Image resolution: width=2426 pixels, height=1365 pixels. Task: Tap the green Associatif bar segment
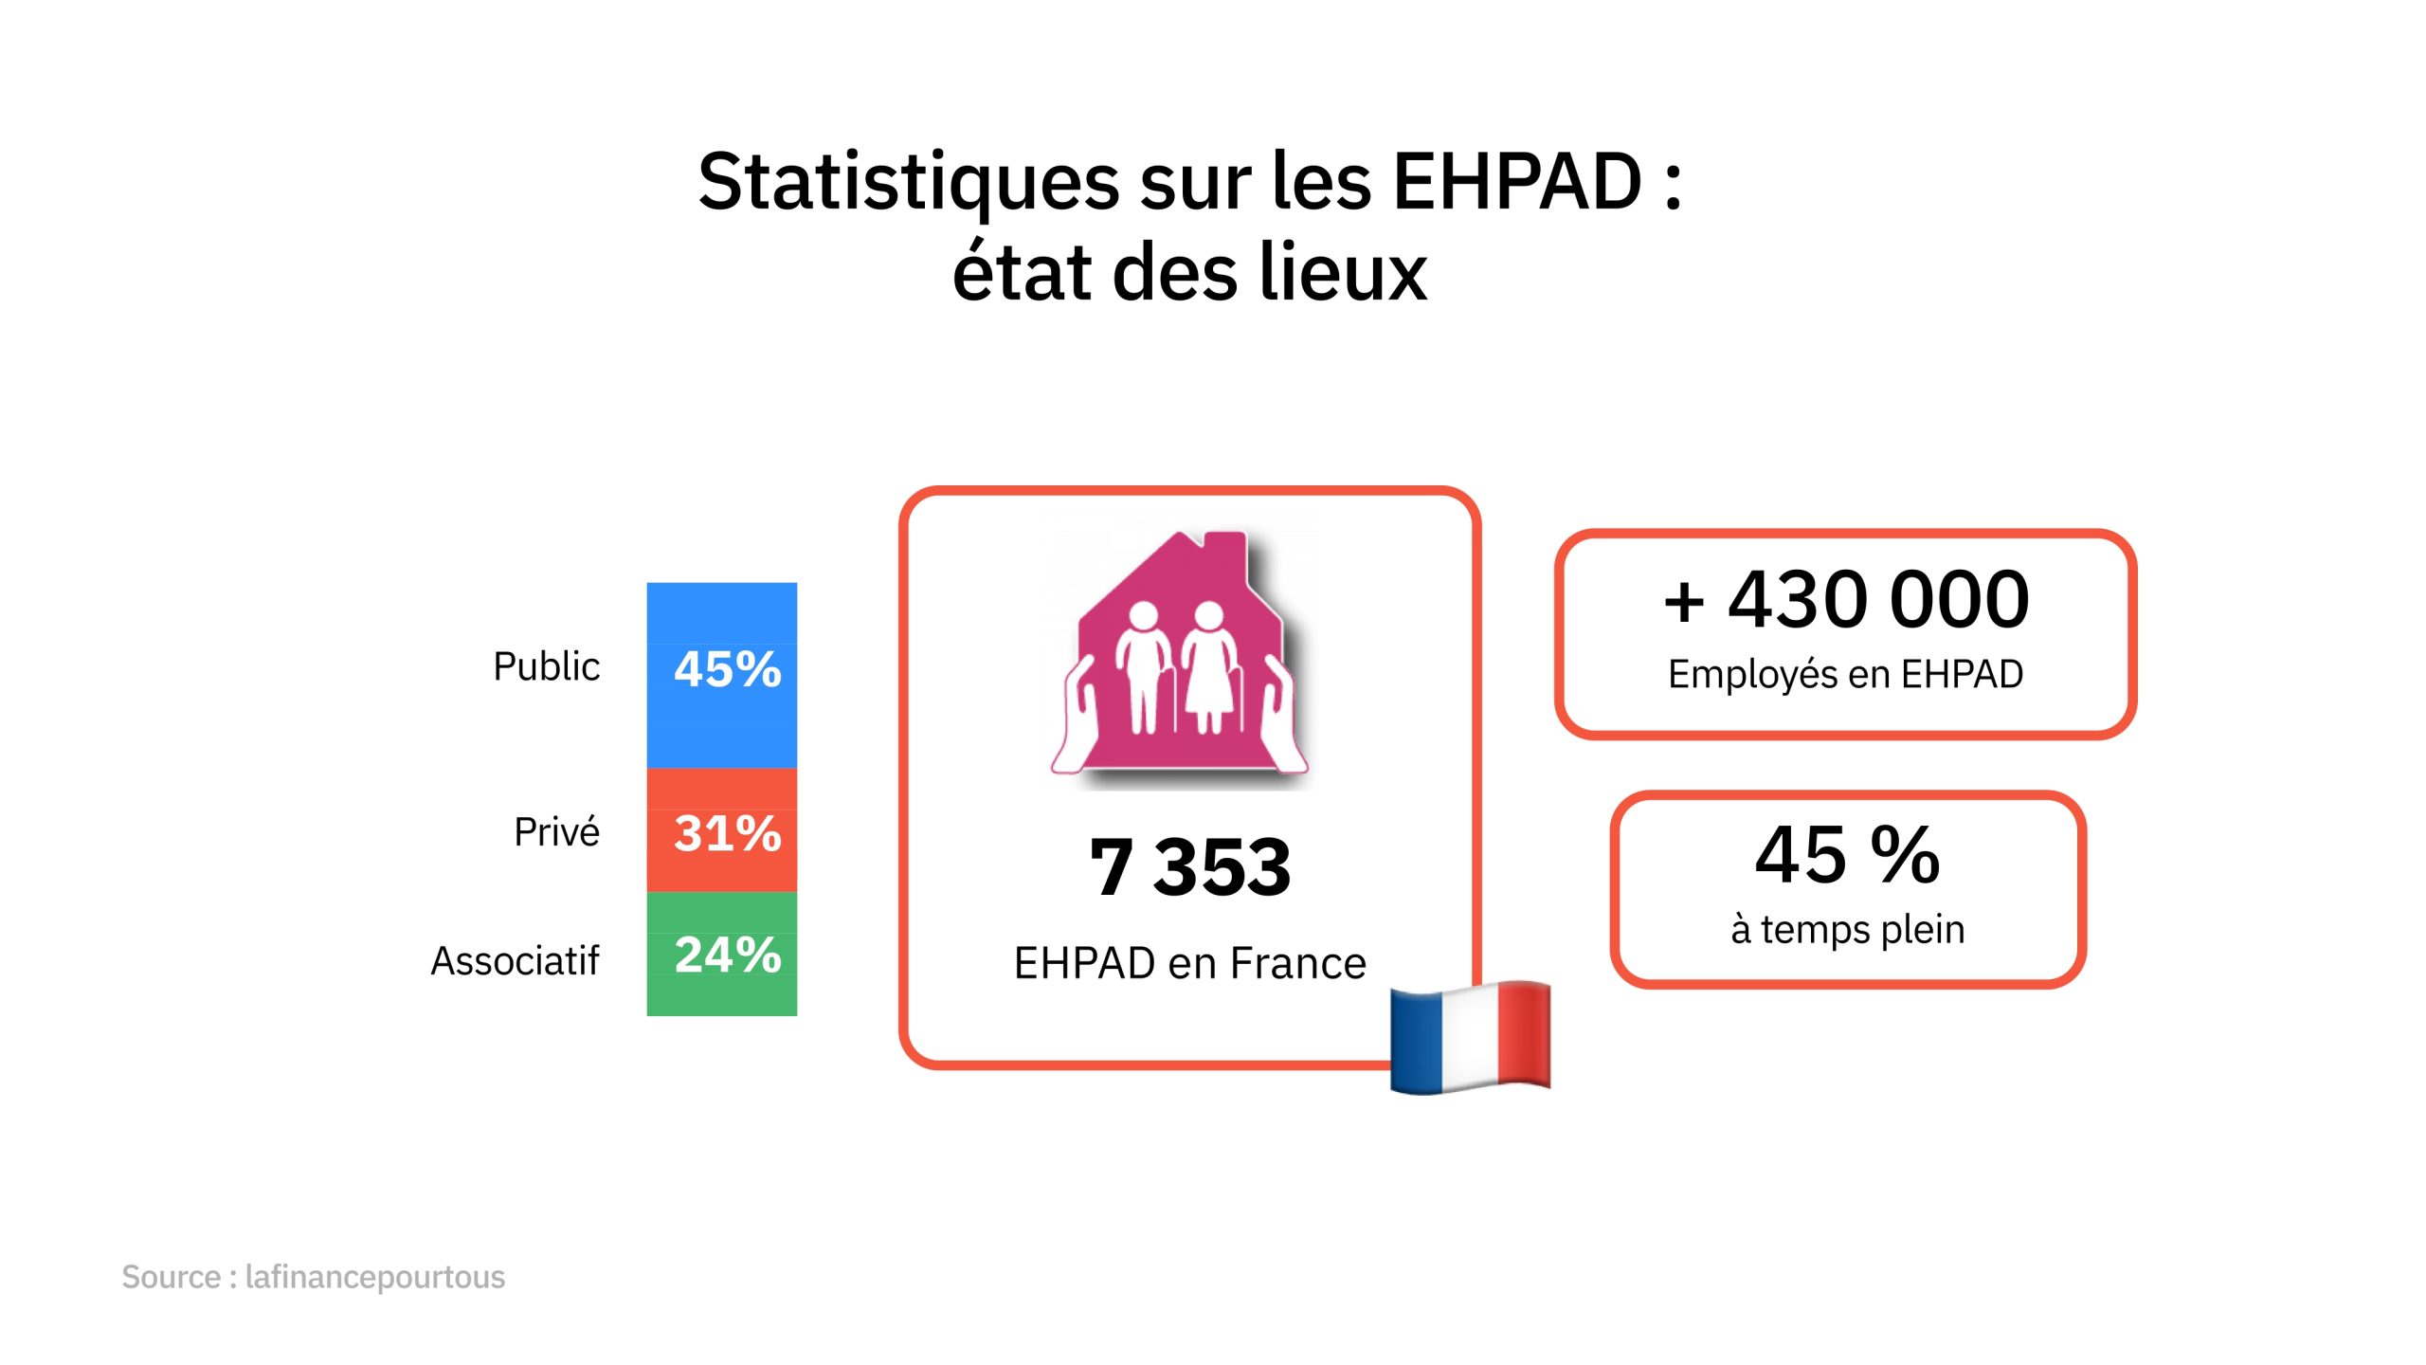coord(721,955)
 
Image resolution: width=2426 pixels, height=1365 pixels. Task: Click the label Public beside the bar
coord(546,666)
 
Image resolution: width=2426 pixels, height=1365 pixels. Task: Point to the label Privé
coord(556,832)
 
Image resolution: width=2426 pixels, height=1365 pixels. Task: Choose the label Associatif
coord(515,961)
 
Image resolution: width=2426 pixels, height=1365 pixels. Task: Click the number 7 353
coord(1189,866)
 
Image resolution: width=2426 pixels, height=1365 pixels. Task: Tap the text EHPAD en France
coord(1189,963)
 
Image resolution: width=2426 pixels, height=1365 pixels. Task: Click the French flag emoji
coord(1470,1037)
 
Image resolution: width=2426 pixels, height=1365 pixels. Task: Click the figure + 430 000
coord(1846,599)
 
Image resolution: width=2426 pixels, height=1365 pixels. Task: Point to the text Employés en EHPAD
coord(1846,674)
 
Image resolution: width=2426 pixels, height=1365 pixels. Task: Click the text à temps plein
coord(1848,929)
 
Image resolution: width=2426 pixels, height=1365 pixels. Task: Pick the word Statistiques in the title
coord(909,182)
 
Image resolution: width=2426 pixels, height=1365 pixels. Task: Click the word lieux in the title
coord(1342,273)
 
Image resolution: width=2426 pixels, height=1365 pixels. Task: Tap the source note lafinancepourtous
coord(374,1277)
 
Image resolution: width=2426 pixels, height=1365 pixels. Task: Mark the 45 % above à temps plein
coord(1848,854)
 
